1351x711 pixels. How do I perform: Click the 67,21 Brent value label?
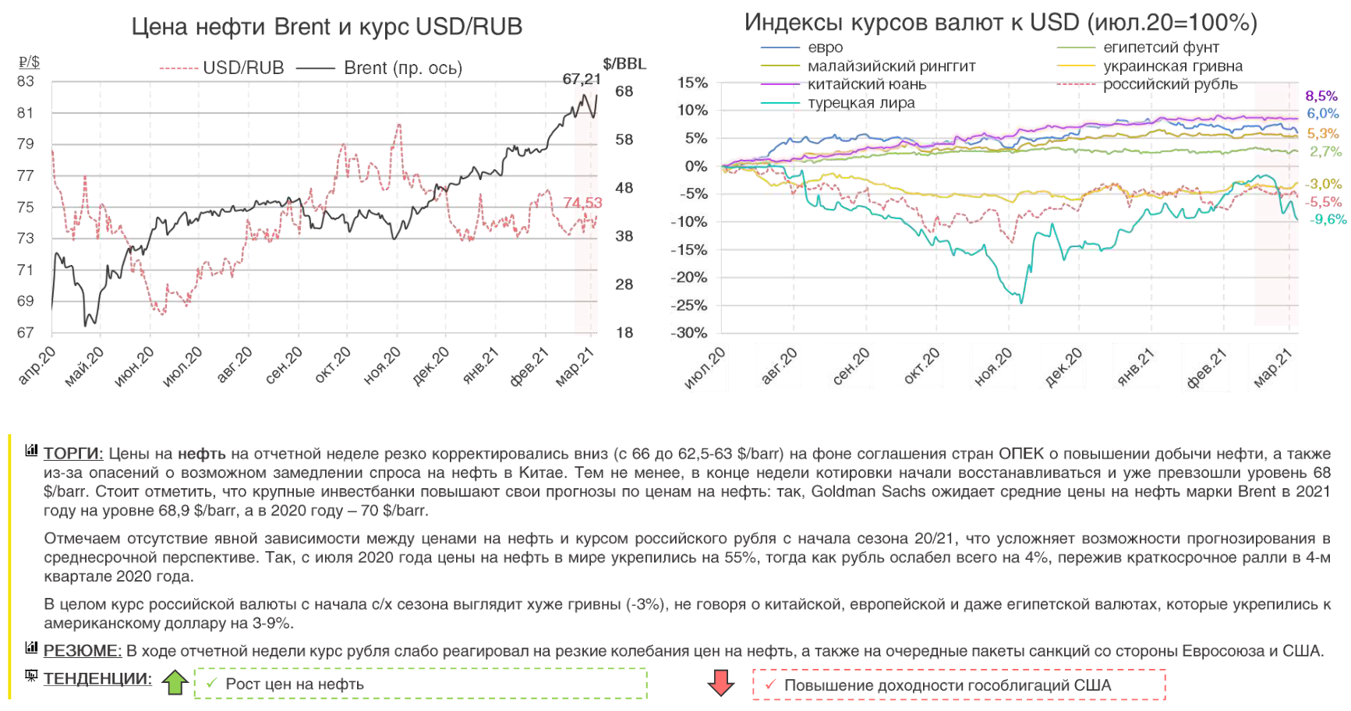582,80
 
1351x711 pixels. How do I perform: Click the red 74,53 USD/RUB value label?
582,203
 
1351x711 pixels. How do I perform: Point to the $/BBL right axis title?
624,64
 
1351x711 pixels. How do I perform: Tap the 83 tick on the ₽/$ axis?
26,81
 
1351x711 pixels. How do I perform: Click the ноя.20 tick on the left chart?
382,366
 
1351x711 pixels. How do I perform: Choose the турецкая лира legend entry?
861,103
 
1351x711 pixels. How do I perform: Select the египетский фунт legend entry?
1161,48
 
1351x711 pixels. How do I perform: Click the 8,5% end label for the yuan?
1321,96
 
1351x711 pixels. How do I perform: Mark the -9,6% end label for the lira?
1328,219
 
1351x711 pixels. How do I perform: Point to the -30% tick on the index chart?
691,333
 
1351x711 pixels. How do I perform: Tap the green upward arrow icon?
175,682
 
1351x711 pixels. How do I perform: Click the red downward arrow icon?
721,683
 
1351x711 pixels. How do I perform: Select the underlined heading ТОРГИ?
73,454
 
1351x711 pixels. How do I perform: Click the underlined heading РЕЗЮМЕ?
83,651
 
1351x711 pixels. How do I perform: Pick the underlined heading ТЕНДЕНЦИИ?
97,679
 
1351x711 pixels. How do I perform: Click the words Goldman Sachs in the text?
868,492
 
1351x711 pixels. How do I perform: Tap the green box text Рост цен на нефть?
295,684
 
